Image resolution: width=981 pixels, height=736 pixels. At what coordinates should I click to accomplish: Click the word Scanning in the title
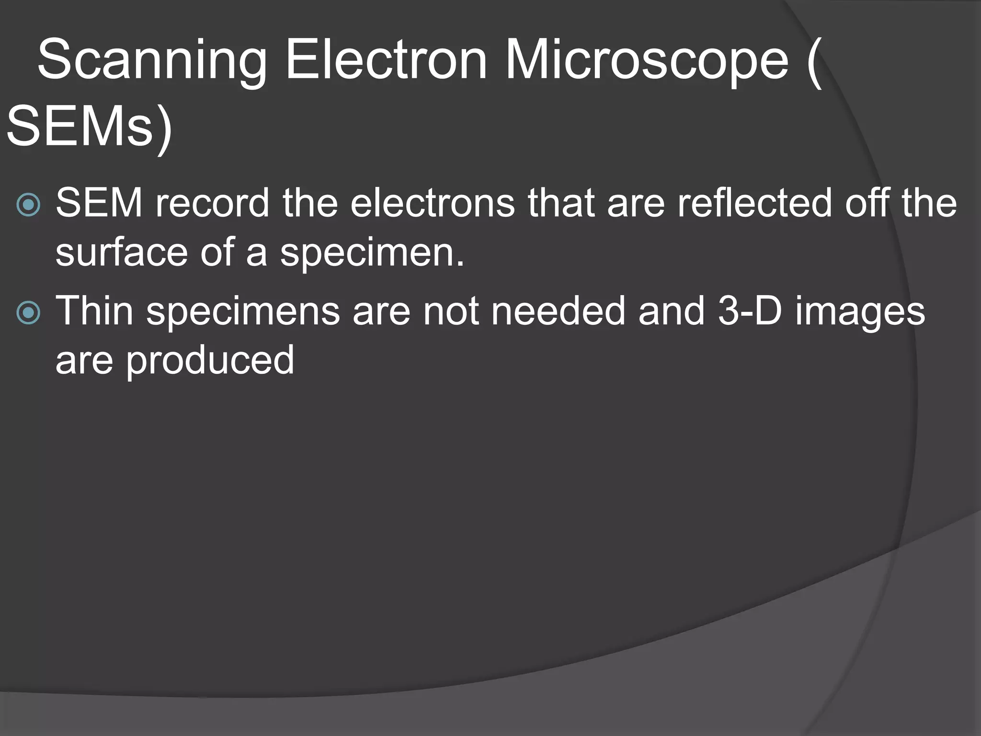(x=151, y=61)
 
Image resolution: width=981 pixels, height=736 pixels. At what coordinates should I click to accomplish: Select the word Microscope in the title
(x=647, y=61)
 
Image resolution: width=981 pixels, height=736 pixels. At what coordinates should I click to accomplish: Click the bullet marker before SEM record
(x=28, y=205)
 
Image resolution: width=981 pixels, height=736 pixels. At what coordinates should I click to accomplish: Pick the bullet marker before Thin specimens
(x=28, y=312)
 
